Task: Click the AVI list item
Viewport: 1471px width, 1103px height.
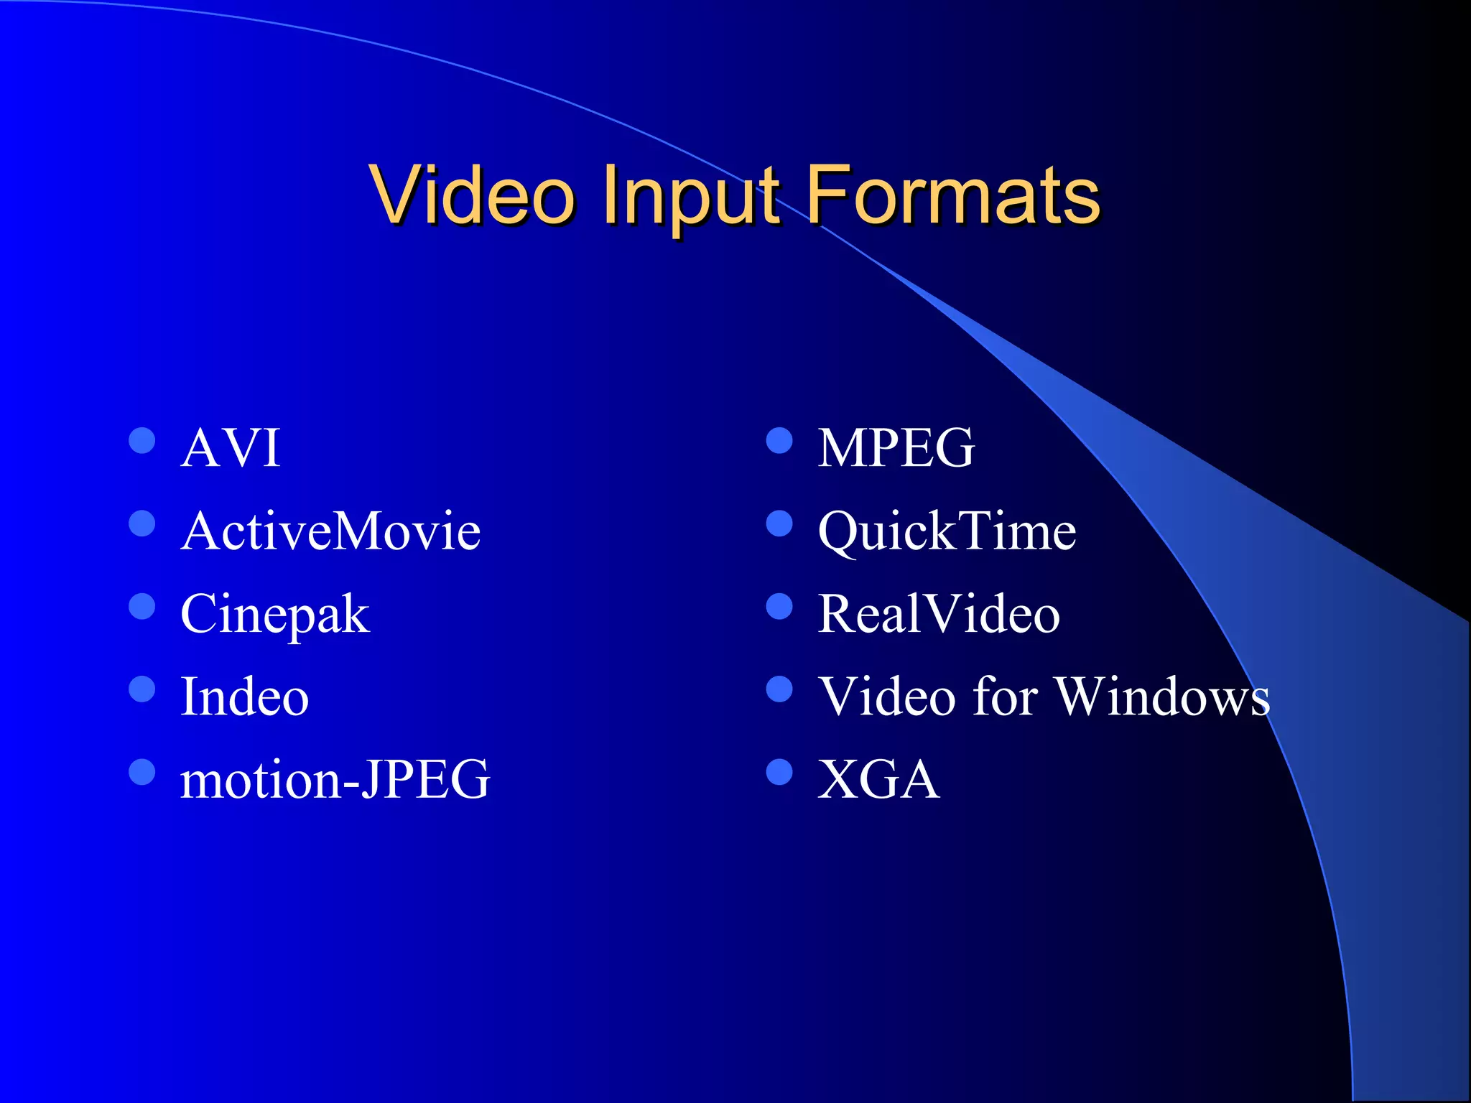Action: tap(230, 448)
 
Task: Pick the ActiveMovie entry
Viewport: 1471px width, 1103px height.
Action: tap(330, 531)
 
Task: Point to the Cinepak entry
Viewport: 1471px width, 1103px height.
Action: tap(275, 615)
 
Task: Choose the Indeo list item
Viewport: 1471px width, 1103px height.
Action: tap(244, 697)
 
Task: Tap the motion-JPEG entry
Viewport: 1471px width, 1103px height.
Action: tap(335, 780)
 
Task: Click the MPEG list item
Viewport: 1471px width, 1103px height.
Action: tap(896, 448)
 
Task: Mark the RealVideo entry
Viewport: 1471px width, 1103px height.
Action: tap(939, 615)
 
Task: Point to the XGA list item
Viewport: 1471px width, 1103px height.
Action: tap(878, 780)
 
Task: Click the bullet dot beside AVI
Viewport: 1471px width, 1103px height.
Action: tap(142, 441)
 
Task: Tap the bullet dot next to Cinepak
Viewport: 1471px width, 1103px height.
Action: tap(142, 607)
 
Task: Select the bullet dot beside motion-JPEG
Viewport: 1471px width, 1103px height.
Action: tap(142, 772)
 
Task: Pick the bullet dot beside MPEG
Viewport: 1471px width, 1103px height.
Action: tap(779, 441)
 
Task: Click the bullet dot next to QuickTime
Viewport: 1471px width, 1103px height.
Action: tap(779, 523)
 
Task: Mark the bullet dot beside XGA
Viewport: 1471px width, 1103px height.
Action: tap(779, 772)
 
